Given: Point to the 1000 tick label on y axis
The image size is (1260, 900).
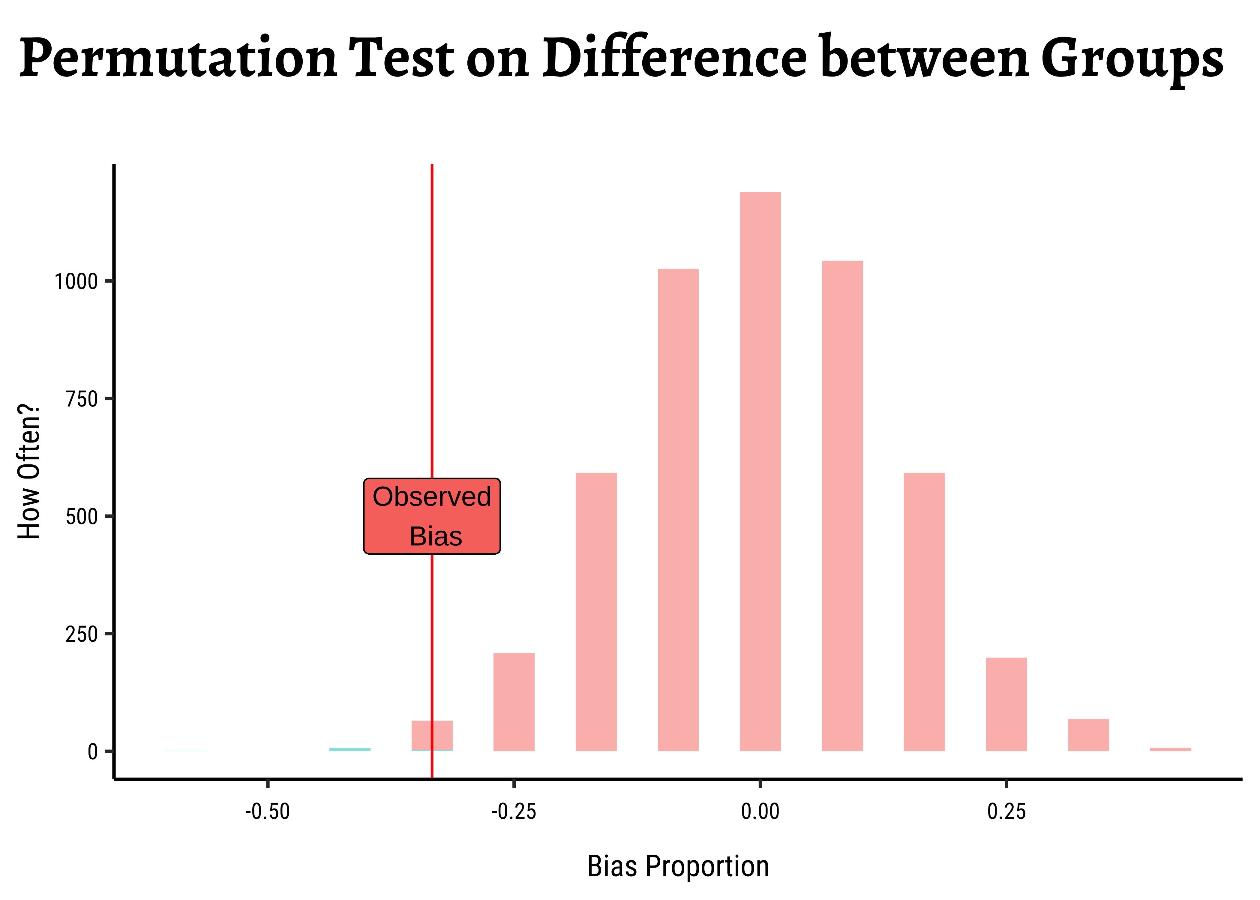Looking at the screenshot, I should click(x=76, y=281).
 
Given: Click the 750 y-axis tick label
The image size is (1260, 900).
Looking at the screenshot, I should click(x=82, y=399).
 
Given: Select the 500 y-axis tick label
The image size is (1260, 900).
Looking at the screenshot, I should click(x=82, y=517).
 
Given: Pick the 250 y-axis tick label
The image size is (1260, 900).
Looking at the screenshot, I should click(x=82, y=634).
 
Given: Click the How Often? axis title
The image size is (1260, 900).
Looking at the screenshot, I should click(x=29, y=471).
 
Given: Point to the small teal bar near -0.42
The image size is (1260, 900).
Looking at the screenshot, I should click(x=349, y=749).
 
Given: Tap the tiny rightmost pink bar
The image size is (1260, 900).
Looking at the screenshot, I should click(x=1170, y=749).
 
